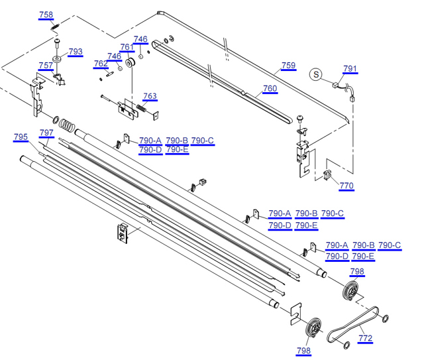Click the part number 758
tap(46, 15)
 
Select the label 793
tap(76, 52)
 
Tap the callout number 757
tap(46, 65)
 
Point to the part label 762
tap(101, 64)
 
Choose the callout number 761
tap(127, 46)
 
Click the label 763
tap(150, 96)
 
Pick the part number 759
tap(288, 65)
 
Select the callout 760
tap(270, 89)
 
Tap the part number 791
tap(350, 69)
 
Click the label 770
tap(346, 186)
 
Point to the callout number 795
tap(21, 137)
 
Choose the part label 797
tap(46, 133)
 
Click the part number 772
tap(365, 338)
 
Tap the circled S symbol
tap(317, 74)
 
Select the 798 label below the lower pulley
tap(303, 351)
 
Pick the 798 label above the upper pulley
tap(356, 272)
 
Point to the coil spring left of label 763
tap(141, 107)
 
